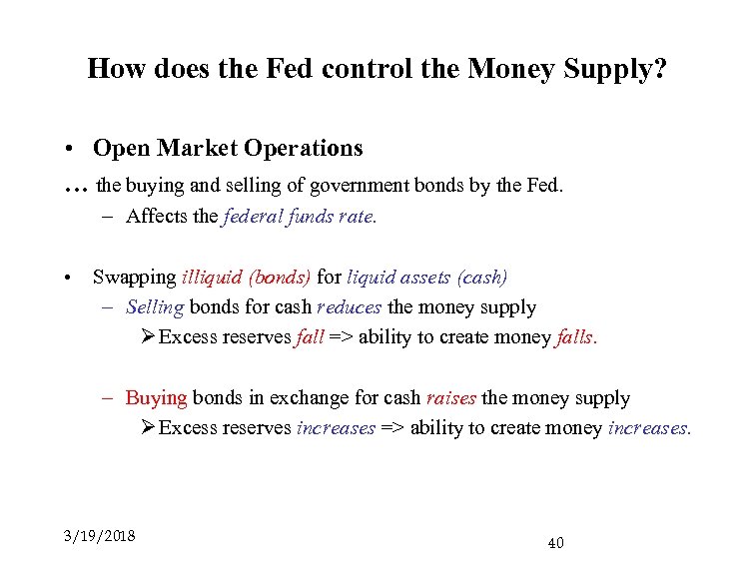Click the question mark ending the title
click(661, 69)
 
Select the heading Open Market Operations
click(228, 149)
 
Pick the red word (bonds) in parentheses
click(280, 277)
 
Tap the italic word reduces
click(349, 307)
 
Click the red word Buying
click(156, 398)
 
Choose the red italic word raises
click(450, 398)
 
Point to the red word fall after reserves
click(310, 337)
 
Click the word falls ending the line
click(575, 337)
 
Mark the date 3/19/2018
click(99, 536)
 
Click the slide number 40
click(555, 543)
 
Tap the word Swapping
click(134, 277)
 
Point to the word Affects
click(159, 217)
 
